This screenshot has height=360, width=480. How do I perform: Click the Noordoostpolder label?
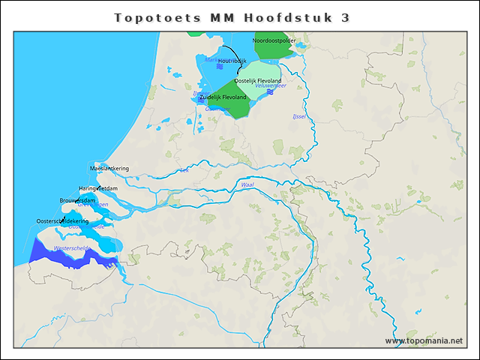[274, 40]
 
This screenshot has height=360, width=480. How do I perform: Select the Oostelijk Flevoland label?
[258, 81]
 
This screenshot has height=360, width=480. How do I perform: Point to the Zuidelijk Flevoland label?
[223, 97]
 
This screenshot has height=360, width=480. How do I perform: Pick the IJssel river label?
[299, 117]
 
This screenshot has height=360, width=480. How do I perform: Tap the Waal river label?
[247, 184]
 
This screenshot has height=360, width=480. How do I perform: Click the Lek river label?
[184, 170]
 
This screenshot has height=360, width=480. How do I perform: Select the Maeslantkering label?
[109, 168]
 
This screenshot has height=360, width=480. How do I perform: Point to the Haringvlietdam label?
[98, 188]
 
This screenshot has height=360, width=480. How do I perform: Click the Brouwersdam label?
[77, 200]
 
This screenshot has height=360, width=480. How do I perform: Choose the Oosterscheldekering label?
[62, 221]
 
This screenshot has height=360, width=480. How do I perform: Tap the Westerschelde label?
[72, 247]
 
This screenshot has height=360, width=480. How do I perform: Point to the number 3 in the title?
[345, 18]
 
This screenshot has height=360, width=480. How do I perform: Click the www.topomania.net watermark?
[424, 340]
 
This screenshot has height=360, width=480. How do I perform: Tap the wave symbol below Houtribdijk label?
[220, 67]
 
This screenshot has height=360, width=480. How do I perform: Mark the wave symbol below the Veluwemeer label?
[269, 91]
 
